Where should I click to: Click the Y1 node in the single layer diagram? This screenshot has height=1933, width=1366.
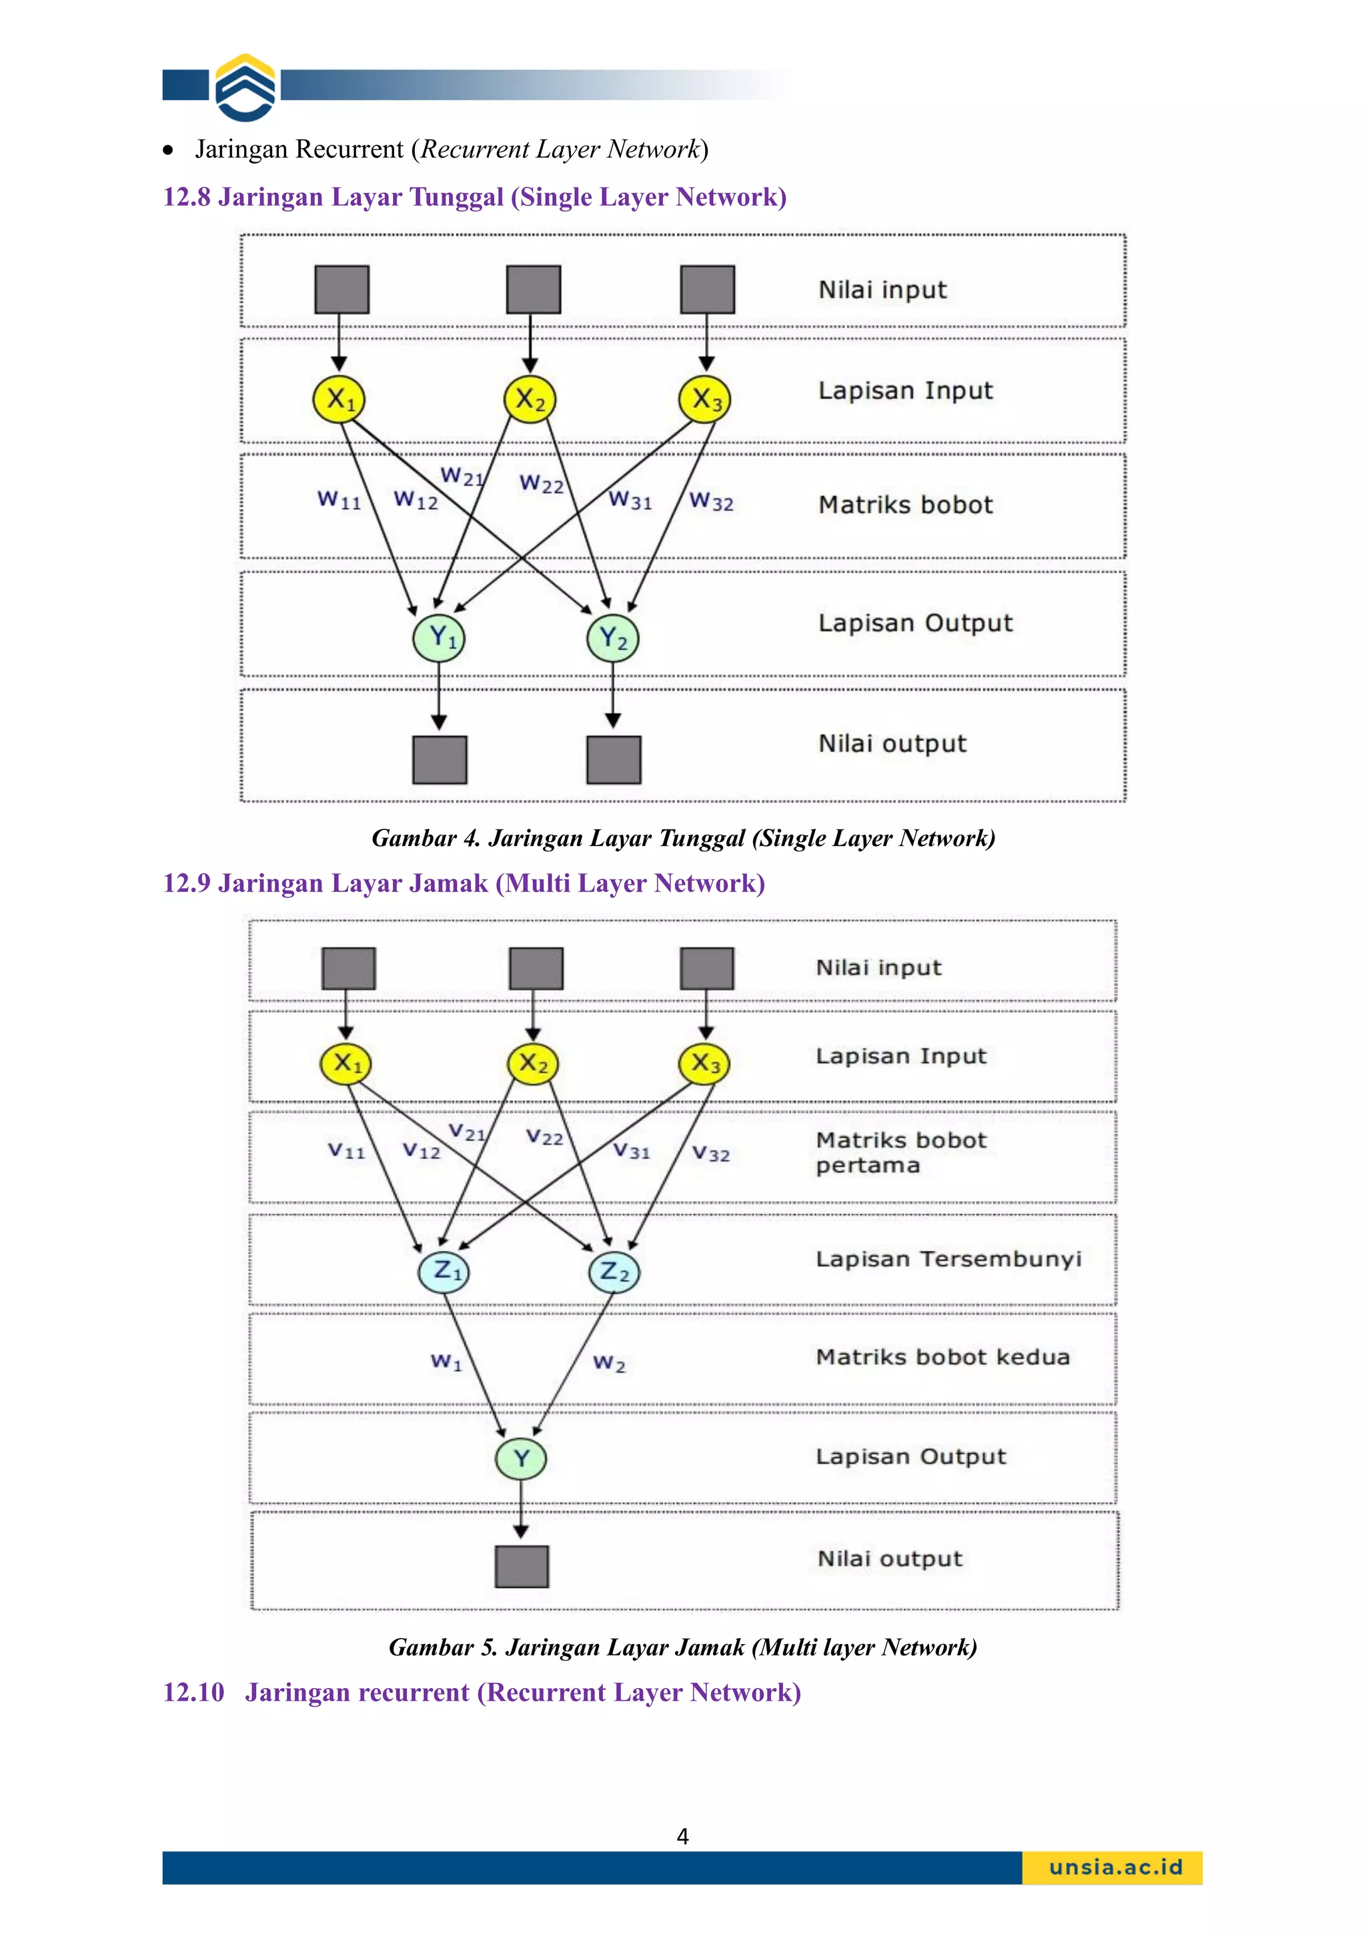pyautogui.click(x=438, y=638)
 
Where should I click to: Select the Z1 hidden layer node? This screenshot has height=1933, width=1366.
pyautogui.click(x=444, y=1271)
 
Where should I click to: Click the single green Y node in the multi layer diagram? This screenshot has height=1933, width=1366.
pyautogui.click(x=521, y=1458)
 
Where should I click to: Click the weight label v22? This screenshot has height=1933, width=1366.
pyautogui.click(x=544, y=1138)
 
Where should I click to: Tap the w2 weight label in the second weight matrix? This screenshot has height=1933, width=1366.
pyautogui.click(x=608, y=1363)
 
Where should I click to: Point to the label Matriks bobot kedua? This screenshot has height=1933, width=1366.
pyautogui.click(x=942, y=1357)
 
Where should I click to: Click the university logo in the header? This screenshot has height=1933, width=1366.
pyautogui.click(x=245, y=87)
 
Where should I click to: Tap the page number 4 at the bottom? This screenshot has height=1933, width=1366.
pyautogui.click(x=682, y=1836)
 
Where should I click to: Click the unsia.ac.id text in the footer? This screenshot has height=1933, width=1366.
pyautogui.click(x=1115, y=1868)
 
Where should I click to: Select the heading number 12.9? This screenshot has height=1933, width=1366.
pyautogui.click(x=187, y=883)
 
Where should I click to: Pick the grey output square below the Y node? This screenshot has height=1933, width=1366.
pyautogui.click(x=521, y=1566)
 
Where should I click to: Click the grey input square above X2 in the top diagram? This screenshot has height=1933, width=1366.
pyautogui.click(x=533, y=290)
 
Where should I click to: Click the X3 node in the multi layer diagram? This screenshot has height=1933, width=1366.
pyautogui.click(x=704, y=1064)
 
